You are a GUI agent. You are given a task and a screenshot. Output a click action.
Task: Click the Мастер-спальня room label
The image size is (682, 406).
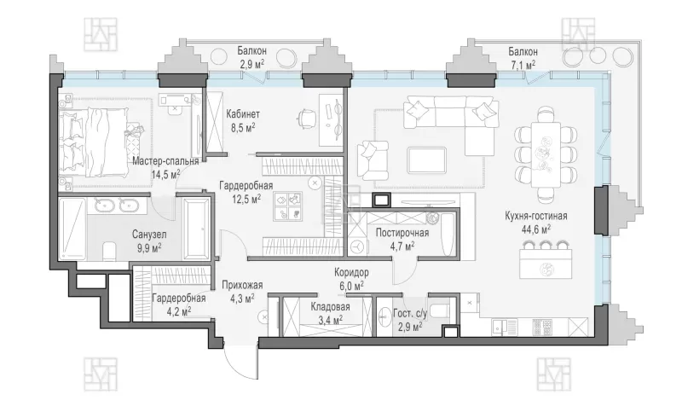click(x=165, y=161)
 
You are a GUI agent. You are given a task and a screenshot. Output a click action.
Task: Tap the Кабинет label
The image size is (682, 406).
click(x=243, y=114)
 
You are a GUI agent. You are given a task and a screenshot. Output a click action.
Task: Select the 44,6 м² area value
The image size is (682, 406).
click(x=536, y=229)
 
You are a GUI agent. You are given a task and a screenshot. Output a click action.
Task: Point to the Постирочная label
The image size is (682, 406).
click(x=402, y=233)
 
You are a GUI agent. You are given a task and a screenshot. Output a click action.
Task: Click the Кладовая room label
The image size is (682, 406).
click(x=330, y=307)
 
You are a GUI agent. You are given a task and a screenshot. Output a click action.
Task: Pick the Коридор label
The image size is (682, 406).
click(x=351, y=272)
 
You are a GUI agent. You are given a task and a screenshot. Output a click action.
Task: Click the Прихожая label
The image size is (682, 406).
click(x=242, y=285)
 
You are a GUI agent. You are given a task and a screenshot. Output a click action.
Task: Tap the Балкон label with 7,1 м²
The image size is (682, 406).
click(x=523, y=52)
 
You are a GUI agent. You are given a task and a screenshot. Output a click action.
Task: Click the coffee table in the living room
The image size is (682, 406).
click(x=427, y=159)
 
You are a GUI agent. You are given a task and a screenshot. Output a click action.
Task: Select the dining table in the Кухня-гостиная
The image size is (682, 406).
click(x=546, y=154)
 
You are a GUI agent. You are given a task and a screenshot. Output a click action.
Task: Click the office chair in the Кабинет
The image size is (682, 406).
click(x=306, y=118)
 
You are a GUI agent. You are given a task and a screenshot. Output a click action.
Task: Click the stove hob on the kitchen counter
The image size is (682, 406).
click(x=542, y=327)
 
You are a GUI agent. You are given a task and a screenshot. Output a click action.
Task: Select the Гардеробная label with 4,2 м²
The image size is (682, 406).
click(x=179, y=299)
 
